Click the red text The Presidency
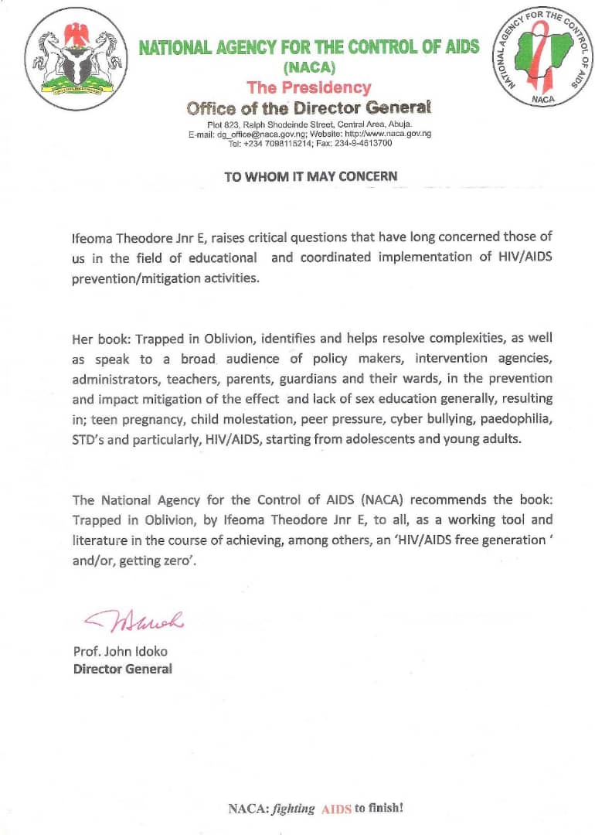click(308, 87)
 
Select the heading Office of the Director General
click(308, 107)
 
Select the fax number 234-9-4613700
click(364, 143)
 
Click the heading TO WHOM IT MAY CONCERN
click(310, 176)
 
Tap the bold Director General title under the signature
click(122, 669)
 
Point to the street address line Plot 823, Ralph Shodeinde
click(309, 124)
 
